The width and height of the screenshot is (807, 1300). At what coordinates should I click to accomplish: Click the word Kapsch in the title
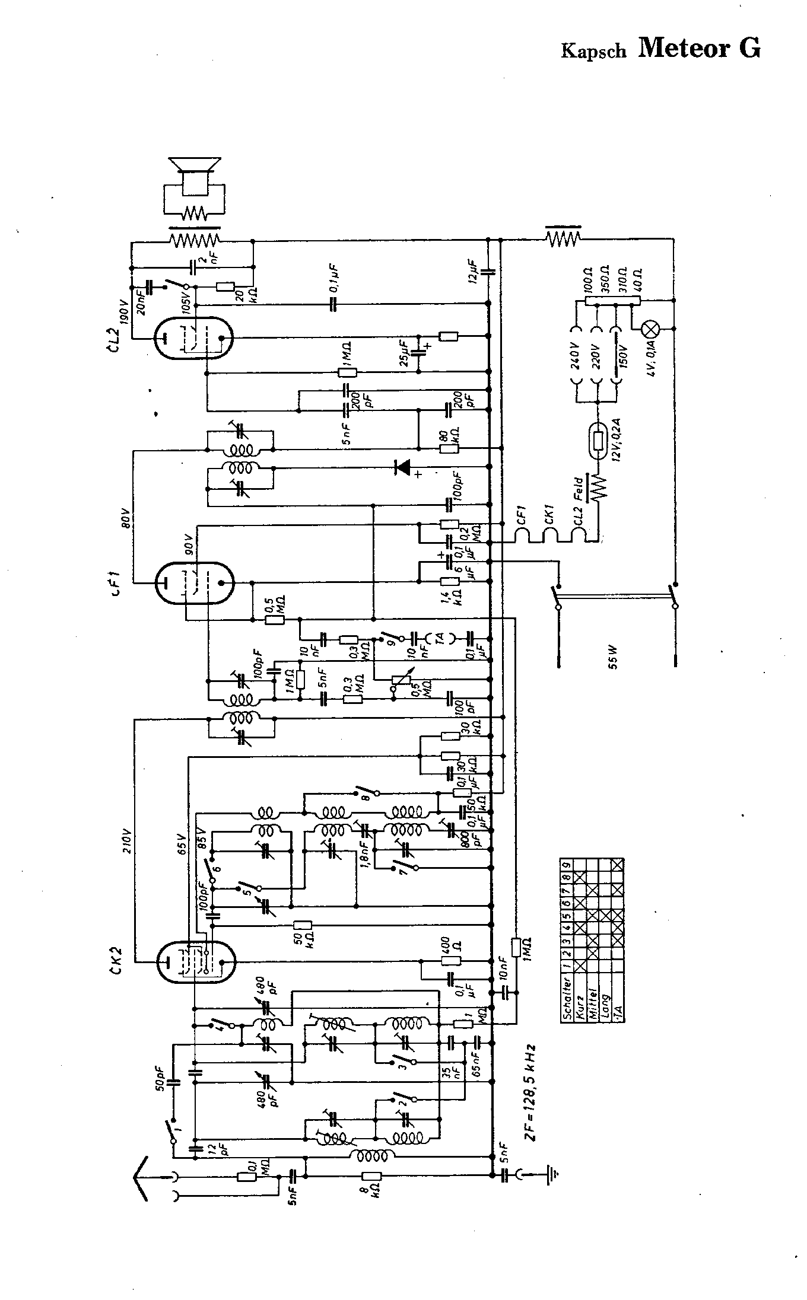tap(593, 51)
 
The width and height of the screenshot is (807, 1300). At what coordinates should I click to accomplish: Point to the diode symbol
tap(403, 467)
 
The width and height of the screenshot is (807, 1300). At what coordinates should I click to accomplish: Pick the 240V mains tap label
tap(573, 355)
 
